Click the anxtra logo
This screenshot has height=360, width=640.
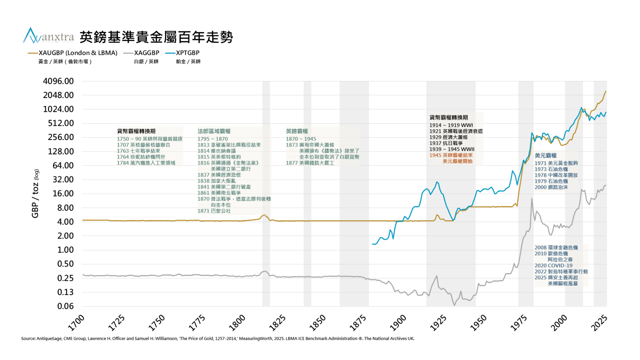coord(48,36)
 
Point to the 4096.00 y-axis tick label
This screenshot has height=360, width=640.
coord(58,81)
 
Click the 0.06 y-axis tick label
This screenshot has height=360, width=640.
coord(65,306)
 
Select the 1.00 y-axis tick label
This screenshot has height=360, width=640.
coord(65,250)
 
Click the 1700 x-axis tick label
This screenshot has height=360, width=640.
coord(76,322)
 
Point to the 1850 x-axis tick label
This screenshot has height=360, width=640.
coord(318,322)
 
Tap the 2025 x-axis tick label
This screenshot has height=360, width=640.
coord(599,322)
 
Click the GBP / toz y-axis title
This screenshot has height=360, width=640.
coord(36,193)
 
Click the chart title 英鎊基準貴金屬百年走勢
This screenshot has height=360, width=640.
coord(156,37)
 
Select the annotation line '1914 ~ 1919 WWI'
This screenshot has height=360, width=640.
coord(451,125)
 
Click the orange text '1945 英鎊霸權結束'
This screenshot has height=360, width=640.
coord(451,155)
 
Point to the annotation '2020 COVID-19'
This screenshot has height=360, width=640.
coord(553,265)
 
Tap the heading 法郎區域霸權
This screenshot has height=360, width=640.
coord(214,131)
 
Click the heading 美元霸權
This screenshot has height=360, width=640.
coord(545,156)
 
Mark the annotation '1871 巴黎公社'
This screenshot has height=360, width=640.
coord(214,211)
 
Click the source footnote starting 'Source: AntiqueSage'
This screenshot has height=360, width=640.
coord(218,339)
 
